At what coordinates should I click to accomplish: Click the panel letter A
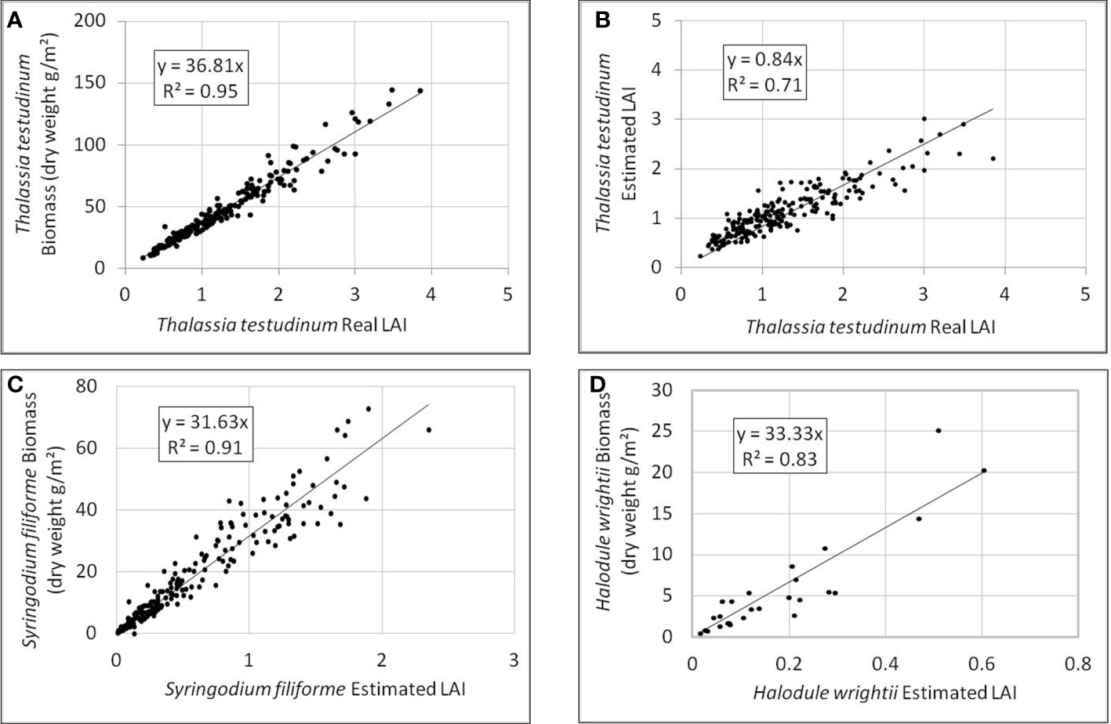click(x=14, y=21)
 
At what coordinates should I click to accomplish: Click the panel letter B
click(x=602, y=21)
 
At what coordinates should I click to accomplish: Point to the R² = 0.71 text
click(x=764, y=85)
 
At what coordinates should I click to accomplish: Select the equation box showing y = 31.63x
click(x=205, y=435)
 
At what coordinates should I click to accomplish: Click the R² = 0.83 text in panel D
click(x=779, y=458)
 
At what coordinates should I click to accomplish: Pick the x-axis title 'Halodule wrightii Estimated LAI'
click(x=884, y=693)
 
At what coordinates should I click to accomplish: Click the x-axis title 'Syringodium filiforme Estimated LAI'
click(x=314, y=689)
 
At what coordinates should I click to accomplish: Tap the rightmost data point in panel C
click(x=429, y=429)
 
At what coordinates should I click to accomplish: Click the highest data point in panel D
click(x=938, y=430)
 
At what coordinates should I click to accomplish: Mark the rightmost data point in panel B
click(x=993, y=158)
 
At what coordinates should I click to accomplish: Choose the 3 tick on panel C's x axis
click(x=514, y=660)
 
